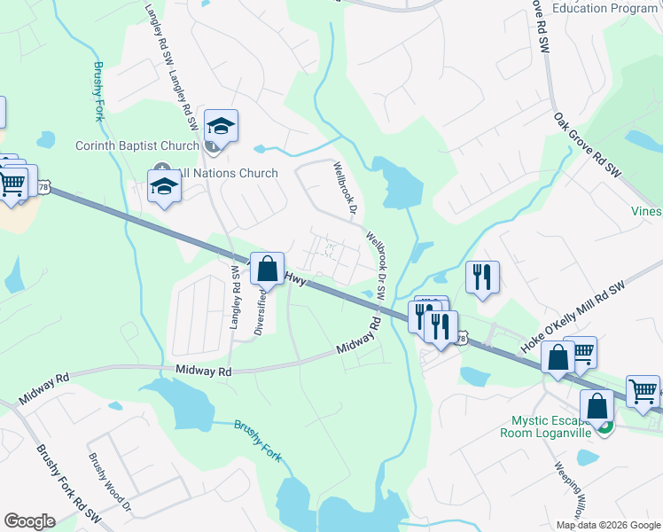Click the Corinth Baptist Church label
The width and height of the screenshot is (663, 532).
[136, 146]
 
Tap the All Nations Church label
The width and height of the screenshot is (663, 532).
[228, 173]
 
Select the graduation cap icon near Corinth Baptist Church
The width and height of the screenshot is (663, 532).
[221, 127]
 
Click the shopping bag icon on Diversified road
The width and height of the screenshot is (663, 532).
[267, 268]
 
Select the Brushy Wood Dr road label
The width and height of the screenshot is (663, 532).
[109, 484]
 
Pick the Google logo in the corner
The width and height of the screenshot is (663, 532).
[29, 521]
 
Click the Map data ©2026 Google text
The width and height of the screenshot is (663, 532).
[607, 525]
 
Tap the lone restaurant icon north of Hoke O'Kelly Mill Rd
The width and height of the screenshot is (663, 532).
[482, 278]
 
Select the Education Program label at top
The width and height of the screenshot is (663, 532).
[605, 8]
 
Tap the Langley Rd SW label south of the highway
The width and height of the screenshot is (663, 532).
[236, 297]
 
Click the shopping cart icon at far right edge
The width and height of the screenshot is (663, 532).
[643, 392]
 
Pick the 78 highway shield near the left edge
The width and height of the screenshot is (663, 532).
[44, 186]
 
